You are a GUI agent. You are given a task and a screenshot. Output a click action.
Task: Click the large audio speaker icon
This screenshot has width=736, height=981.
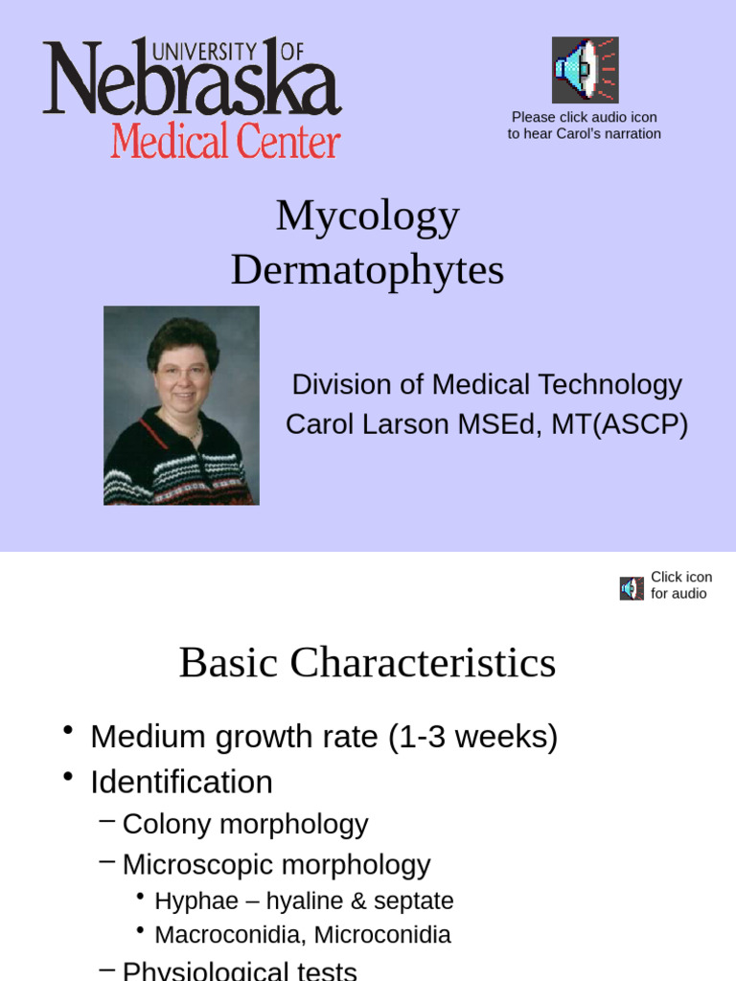tap(585, 70)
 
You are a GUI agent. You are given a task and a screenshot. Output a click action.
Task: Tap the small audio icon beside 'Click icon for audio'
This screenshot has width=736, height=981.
tap(632, 588)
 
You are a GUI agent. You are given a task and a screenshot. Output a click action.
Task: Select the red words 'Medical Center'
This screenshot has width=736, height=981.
tap(225, 142)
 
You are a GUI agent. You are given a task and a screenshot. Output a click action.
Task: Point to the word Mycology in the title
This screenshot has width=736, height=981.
tap(367, 216)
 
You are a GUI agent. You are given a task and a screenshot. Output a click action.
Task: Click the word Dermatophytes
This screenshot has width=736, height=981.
tap(367, 270)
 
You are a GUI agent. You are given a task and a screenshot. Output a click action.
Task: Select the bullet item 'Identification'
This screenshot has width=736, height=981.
tap(181, 782)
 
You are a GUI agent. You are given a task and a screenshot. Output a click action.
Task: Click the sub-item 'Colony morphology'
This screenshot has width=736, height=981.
tap(245, 824)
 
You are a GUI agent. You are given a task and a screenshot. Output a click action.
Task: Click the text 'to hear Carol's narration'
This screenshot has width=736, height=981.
tap(584, 134)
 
